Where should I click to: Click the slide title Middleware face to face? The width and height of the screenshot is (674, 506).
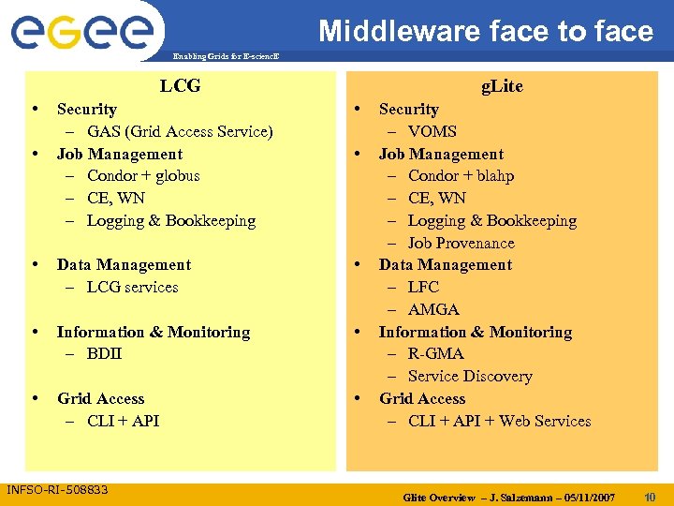[485, 31]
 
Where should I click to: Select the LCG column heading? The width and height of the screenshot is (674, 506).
[180, 86]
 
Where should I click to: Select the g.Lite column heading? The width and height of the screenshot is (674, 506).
[502, 86]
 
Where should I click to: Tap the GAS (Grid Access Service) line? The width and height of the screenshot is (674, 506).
[180, 131]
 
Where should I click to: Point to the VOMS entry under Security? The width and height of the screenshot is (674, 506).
[432, 131]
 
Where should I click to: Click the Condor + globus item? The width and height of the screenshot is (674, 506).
[143, 175]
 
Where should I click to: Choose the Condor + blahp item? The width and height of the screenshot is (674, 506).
[461, 175]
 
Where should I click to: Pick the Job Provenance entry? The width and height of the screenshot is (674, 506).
[461, 243]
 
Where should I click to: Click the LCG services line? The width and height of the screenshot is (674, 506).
[132, 287]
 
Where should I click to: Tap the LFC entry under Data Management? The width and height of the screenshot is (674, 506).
[423, 287]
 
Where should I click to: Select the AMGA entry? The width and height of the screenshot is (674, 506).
[433, 309]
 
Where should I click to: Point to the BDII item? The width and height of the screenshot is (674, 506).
[104, 353]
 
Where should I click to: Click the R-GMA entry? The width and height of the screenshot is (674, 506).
[436, 353]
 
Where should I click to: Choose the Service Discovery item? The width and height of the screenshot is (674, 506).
[470, 376]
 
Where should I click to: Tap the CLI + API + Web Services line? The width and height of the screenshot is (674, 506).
[499, 421]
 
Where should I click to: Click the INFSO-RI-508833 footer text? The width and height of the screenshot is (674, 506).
[57, 490]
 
